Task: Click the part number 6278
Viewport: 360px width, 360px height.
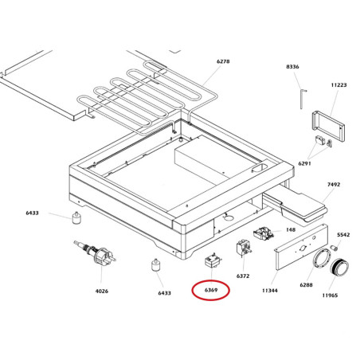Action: pyautogui.click(x=223, y=61)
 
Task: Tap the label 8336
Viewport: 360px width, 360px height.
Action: pyautogui.click(x=292, y=67)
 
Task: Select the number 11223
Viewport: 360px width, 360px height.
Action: pyautogui.click(x=338, y=85)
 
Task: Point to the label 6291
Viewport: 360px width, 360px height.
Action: pyautogui.click(x=304, y=163)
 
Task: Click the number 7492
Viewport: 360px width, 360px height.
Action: pyautogui.click(x=334, y=184)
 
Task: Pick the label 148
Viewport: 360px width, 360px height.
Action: pyautogui.click(x=291, y=229)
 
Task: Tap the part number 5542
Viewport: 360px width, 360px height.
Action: pyautogui.click(x=343, y=235)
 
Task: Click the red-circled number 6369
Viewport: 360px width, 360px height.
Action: pyautogui.click(x=211, y=290)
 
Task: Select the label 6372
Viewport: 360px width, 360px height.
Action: pyautogui.click(x=243, y=276)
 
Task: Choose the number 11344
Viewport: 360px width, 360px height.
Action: pyautogui.click(x=270, y=291)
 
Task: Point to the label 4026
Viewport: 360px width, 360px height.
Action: pyautogui.click(x=102, y=292)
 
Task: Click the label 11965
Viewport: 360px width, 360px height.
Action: pyautogui.click(x=330, y=295)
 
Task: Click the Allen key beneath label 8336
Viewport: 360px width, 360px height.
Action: pyautogui.click(x=303, y=99)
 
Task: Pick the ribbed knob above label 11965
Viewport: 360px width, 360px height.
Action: pyautogui.click(x=339, y=267)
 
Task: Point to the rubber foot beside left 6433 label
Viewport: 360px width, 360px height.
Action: pyautogui.click(x=76, y=218)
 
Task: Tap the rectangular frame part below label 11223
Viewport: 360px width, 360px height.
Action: pyautogui.click(x=328, y=126)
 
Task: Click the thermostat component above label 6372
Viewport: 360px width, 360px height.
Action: pyautogui.click(x=244, y=248)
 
